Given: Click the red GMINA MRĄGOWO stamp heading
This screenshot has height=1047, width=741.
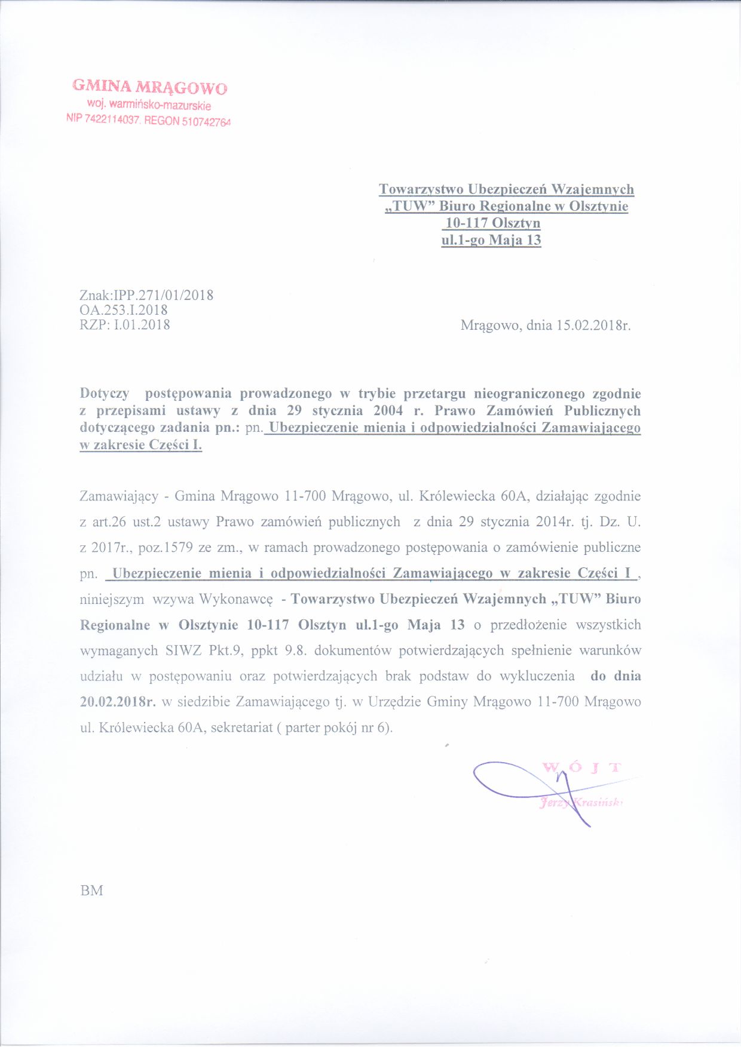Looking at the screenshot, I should tap(149, 87).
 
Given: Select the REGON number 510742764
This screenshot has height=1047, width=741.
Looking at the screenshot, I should tap(206, 121).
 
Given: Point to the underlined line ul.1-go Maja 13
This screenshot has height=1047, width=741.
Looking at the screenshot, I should tap(491, 240).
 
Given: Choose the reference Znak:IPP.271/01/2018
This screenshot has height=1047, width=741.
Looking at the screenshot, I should tap(146, 295).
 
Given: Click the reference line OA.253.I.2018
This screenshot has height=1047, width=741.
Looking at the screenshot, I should tap(124, 310).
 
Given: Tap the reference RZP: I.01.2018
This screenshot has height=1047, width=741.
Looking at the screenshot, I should tap(125, 325).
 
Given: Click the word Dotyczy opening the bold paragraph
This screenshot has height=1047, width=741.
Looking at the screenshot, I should tap(105, 394).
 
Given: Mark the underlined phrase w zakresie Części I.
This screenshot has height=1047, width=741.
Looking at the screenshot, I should tap(141, 446).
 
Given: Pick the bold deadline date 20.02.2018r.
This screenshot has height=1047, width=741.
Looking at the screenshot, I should tap(118, 702).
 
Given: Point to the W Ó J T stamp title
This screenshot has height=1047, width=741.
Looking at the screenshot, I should tap(581, 767).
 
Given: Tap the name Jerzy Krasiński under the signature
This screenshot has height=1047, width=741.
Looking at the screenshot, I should tap(580, 803).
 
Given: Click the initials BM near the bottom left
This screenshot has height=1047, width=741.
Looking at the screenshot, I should tap(91, 891).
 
